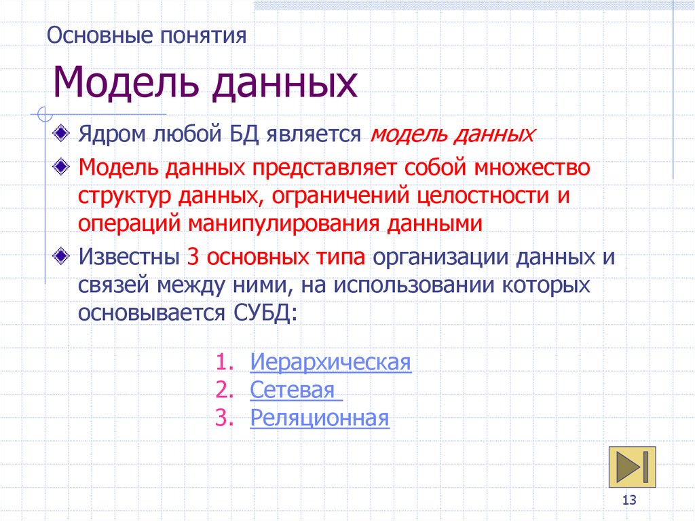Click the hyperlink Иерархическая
tap(331, 361)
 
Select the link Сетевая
tap(293, 390)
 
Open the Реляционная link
tap(320, 418)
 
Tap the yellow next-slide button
tap(633, 467)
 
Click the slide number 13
tap(628, 501)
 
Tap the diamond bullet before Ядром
tap(62, 133)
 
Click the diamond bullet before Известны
tap(62, 257)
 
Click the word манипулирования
tap(282, 223)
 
